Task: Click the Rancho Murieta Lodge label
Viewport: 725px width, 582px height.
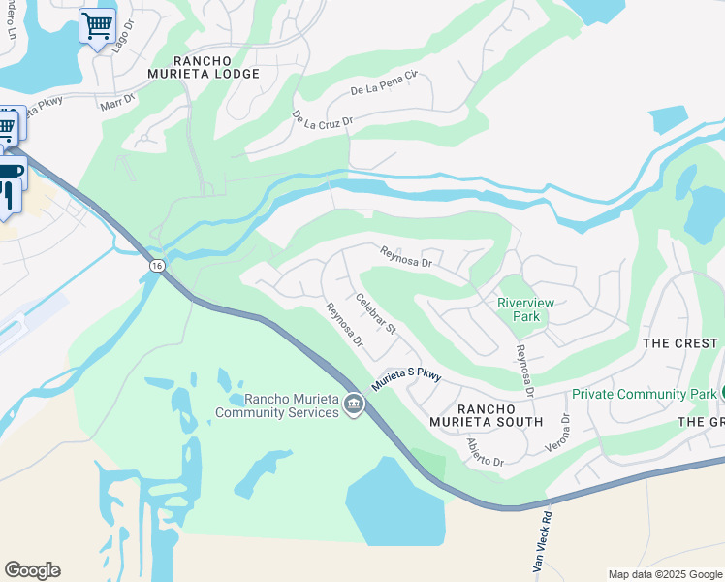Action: coord(204,66)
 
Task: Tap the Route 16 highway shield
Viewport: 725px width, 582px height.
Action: coord(156,265)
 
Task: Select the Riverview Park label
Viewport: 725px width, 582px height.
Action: coord(525,309)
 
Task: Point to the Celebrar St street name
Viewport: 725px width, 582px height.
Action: coord(376,314)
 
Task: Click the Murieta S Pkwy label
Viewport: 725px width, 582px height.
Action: coord(406,377)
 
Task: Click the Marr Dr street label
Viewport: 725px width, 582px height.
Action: coord(118,100)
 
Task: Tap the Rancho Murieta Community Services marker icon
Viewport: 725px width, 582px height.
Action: coord(353,404)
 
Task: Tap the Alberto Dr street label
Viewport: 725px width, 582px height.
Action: coord(486,453)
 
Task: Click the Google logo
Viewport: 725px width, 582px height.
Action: coord(32,570)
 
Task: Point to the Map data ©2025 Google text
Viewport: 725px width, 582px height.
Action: coord(665,574)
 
